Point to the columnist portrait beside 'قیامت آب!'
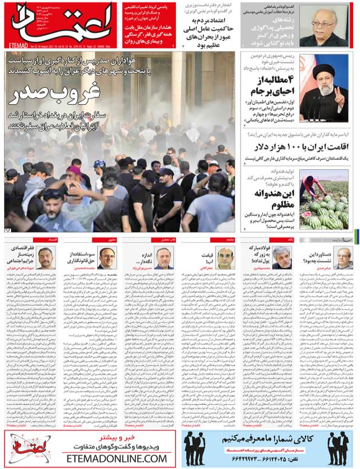click(225, 258)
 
